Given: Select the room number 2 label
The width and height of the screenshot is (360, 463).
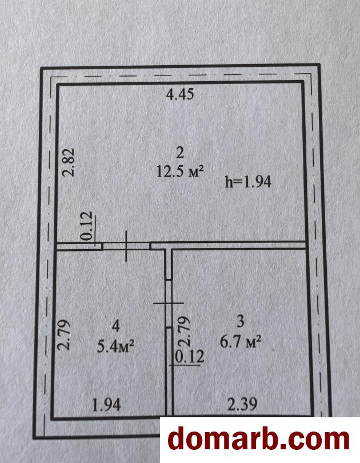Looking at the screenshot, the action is pos(179,153).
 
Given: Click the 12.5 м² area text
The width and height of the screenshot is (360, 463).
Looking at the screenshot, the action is pos(181,171).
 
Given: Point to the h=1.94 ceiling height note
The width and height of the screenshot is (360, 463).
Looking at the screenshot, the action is pos(248,182).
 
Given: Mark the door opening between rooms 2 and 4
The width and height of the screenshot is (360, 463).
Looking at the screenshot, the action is pos(126,246).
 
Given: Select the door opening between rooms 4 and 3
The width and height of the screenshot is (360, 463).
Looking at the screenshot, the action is pos(169,304).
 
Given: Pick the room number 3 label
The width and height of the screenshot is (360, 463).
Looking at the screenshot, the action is pos(241,321).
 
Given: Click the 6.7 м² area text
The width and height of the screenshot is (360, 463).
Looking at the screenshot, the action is pos(241,342).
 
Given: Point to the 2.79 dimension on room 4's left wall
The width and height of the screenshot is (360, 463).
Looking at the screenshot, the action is pos(63,334).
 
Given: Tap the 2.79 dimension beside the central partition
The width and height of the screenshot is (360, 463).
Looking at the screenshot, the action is pos(183,332).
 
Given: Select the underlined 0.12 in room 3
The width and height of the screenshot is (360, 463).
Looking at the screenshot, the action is pos(189,357).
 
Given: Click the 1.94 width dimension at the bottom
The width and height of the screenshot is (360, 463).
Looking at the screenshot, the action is pos(106,405).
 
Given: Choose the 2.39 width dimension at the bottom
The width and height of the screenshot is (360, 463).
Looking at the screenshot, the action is pos(242,404).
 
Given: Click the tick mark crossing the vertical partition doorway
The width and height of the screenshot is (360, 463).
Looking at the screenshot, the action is pos(169,304).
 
